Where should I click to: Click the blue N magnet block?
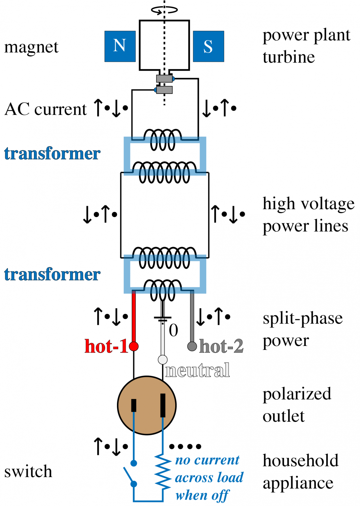click(x=120, y=46)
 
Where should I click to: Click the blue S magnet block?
click(x=208, y=46)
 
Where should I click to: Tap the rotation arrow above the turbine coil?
click(x=164, y=10)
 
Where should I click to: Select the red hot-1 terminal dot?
click(x=134, y=346)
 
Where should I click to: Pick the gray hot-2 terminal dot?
click(x=192, y=346)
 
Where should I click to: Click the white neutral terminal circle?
click(x=163, y=360)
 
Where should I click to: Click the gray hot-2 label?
click(x=221, y=346)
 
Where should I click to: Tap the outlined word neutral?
click(x=198, y=370)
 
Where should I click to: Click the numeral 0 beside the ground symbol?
click(x=174, y=330)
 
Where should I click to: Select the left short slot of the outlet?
click(x=134, y=405)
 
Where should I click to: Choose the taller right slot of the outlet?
click(x=163, y=405)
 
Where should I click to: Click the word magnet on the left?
click(x=31, y=47)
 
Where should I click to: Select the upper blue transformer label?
click(x=52, y=154)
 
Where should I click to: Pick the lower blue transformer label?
click(x=52, y=274)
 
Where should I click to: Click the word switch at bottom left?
click(x=28, y=471)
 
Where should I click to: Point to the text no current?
click(x=207, y=460)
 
